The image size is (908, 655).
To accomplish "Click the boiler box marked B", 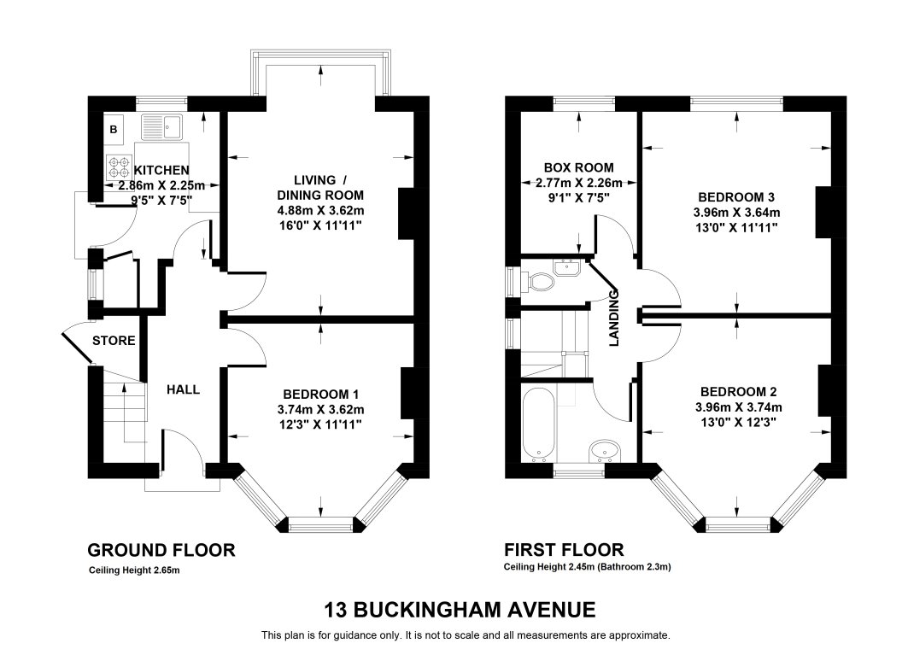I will (x=114, y=130).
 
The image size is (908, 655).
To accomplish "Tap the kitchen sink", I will (x=162, y=127).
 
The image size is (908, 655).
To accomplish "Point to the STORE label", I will (x=114, y=341).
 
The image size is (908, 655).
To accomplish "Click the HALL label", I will (x=183, y=389).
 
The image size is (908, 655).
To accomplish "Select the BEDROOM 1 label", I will (x=320, y=394).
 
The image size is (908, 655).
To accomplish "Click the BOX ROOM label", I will (x=578, y=167).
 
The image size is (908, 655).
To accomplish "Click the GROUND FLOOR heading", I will (x=161, y=549).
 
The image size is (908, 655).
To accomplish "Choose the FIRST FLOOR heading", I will (x=564, y=549).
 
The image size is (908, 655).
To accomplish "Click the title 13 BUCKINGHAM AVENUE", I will (x=459, y=610).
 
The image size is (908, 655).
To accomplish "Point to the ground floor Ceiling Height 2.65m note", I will (x=135, y=570).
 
